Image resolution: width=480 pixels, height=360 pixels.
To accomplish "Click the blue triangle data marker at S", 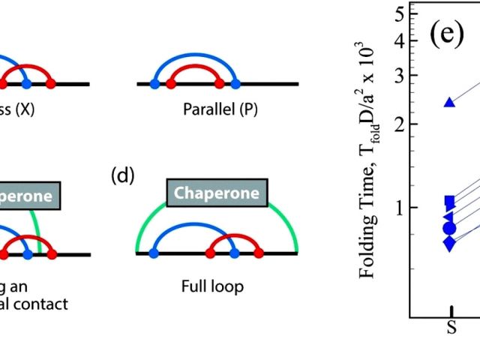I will click(450, 102).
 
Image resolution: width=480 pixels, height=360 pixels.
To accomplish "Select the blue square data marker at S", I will click(450, 201).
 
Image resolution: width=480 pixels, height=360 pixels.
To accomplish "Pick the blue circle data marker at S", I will click(449, 228).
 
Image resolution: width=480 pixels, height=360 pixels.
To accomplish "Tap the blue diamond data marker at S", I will click(449, 243).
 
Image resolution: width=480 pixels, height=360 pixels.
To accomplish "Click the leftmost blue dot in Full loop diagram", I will click(154, 254).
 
